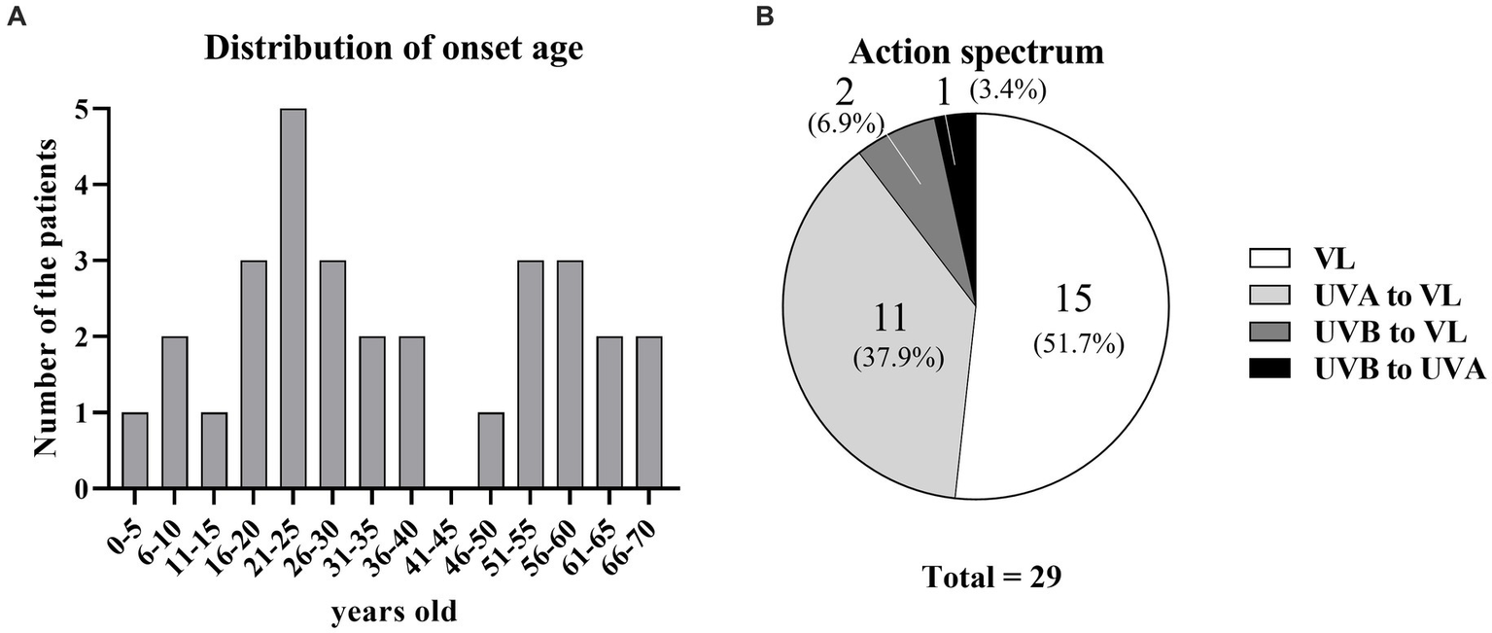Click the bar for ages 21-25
point(294,299)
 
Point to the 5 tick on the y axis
point(94,109)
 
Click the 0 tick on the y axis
point(94,488)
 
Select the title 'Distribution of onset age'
point(394,49)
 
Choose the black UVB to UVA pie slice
point(960,156)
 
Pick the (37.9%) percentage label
point(894,356)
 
